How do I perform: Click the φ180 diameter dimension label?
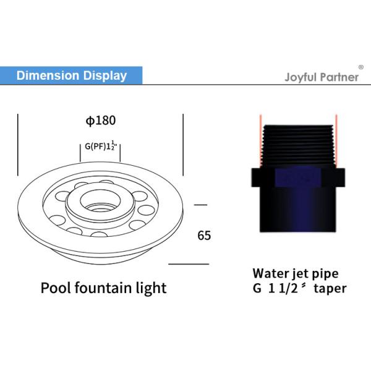(101, 121)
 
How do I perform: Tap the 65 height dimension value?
(204, 236)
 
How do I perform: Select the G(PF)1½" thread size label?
(100, 148)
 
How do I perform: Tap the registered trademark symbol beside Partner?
(361, 66)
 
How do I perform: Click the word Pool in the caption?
(54, 288)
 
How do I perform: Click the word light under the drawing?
(152, 288)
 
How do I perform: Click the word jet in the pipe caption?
(301, 273)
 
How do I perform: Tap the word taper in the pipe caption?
(329, 288)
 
